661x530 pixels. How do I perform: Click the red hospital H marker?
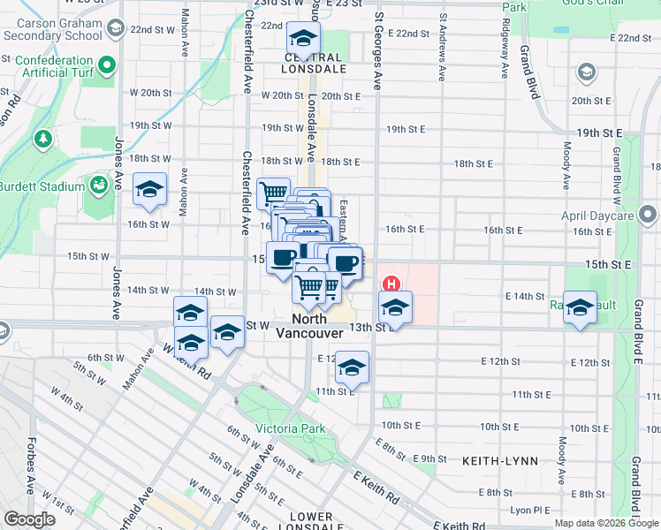click(x=391, y=284)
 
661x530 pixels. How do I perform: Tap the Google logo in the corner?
click(x=29, y=519)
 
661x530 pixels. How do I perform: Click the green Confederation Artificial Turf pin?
click(x=108, y=64)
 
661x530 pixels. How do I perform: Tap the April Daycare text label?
click(x=596, y=215)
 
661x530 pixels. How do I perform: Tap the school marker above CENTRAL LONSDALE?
click(x=303, y=39)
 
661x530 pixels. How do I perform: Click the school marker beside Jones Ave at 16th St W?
click(x=149, y=189)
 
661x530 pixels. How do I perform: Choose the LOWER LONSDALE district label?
click(x=310, y=521)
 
